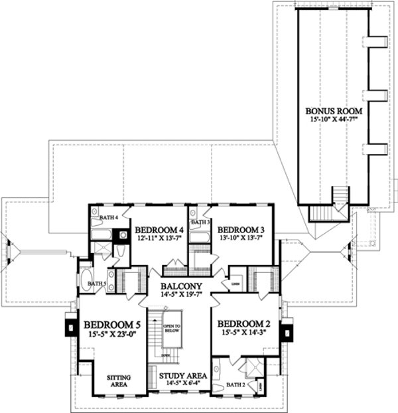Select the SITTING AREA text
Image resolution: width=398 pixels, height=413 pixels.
119,380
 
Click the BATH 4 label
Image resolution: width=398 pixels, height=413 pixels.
108,217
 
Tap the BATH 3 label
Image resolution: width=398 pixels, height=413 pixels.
200,222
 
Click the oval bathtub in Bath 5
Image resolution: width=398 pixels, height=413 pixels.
87,281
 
